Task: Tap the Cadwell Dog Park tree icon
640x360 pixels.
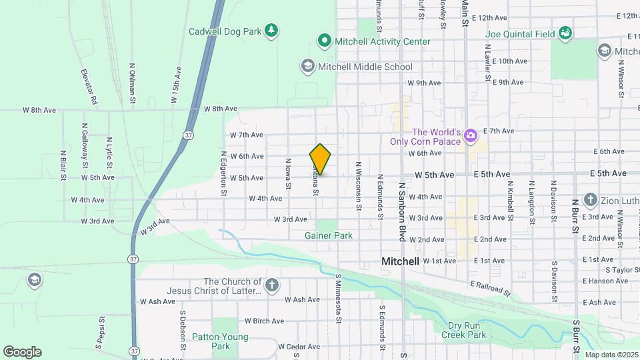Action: click(271, 31)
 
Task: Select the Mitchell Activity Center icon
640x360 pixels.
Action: click(325, 41)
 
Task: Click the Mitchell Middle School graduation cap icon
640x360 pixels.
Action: click(307, 66)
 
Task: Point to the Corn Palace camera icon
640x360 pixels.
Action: click(471, 137)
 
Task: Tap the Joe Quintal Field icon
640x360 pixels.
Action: click(565, 33)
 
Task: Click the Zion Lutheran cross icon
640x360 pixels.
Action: click(590, 199)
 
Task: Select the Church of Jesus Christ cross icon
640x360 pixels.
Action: click(271, 286)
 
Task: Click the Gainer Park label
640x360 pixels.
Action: click(328, 235)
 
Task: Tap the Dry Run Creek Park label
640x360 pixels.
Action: click(463, 330)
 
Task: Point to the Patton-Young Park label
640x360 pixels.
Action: click(211, 341)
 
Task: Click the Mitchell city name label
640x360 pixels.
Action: click(400, 262)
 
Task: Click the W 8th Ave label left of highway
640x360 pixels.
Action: click(39, 109)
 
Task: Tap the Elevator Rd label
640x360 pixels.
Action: click(90, 87)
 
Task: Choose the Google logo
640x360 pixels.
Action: click(22, 352)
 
